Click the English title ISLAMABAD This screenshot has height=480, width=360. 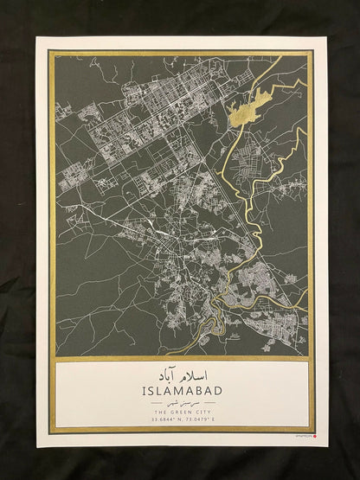click(180, 391)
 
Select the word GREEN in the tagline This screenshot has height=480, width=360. click(178, 413)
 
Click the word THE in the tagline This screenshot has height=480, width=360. click(159, 413)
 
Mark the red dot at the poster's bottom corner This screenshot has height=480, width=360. click(315, 438)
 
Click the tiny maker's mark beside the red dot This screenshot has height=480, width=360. click(304, 438)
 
